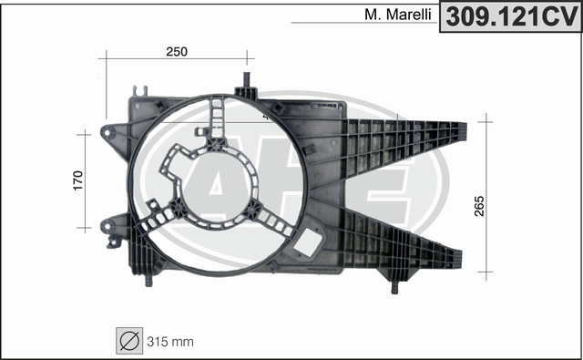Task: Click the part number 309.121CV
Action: click(x=511, y=17)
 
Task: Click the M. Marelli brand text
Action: click(x=398, y=15)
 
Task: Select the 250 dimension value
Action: click(x=177, y=52)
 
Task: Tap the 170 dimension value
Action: click(x=78, y=180)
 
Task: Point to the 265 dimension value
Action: click(x=479, y=206)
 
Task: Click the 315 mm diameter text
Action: click(x=170, y=342)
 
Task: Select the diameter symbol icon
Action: click(x=129, y=341)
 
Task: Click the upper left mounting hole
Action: click(x=107, y=132)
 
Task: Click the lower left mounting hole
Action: click(x=107, y=225)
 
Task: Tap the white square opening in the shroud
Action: click(x=308, y=242)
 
